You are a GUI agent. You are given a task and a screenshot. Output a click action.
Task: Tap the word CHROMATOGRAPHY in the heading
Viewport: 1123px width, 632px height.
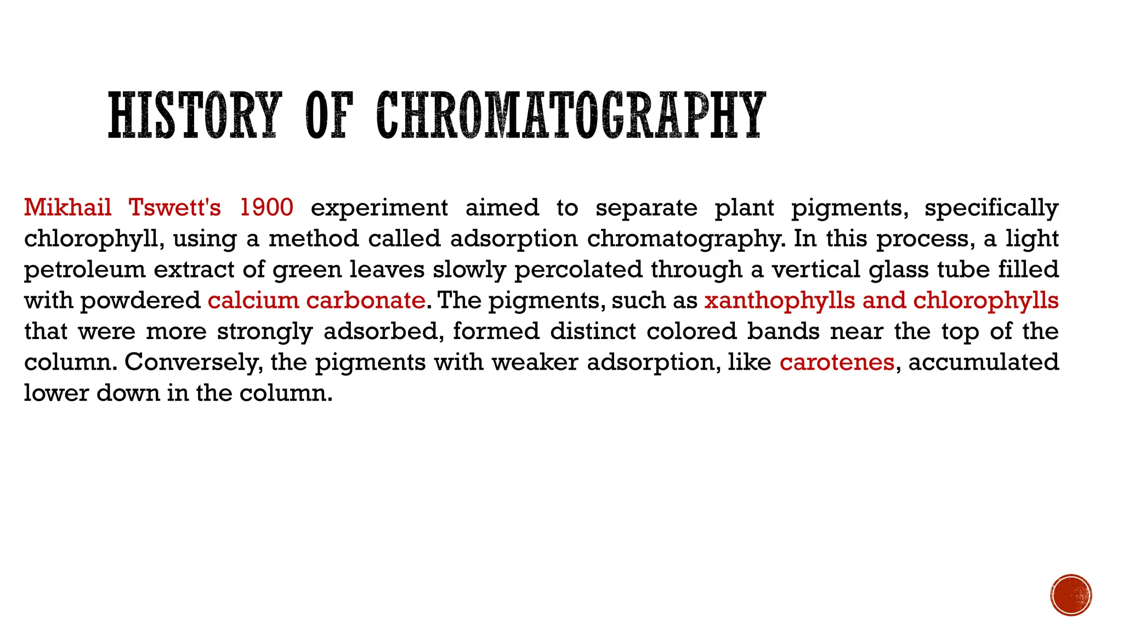[570, 115]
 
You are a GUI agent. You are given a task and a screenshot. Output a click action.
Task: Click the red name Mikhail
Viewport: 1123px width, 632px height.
[68, 207]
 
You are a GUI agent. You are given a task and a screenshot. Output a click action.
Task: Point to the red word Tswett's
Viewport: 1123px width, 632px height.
[175, 207]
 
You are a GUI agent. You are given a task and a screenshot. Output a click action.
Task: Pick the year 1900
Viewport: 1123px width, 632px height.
[266, 207]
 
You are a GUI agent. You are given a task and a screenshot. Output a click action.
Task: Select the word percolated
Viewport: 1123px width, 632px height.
[578, 270]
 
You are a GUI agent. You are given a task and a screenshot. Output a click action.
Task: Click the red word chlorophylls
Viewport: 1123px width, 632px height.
[986, 301]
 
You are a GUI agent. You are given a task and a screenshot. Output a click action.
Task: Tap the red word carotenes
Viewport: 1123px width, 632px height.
[837, 363]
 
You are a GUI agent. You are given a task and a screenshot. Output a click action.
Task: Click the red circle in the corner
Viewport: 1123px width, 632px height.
[1071, 595]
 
